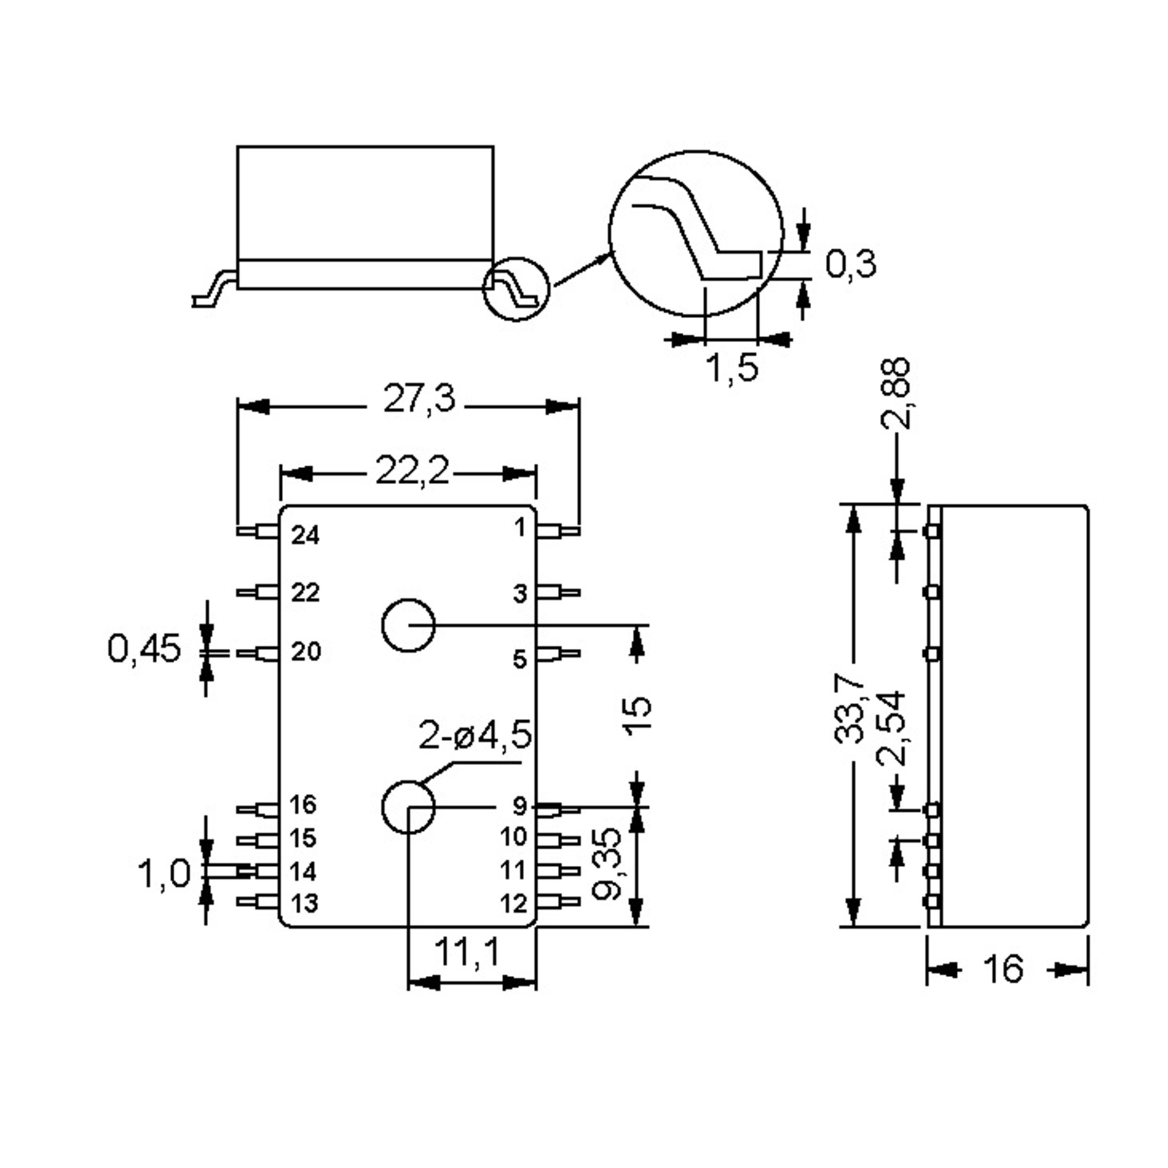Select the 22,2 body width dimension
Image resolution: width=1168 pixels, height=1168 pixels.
(412, 471)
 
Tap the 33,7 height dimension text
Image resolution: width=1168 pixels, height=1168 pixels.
(849, 711)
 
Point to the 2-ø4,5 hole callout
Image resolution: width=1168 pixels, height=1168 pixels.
(475, 736)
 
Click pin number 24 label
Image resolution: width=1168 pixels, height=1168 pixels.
(305, 535)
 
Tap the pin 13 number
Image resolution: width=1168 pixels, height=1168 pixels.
(304, 904)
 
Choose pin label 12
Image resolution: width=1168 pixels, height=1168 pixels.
(514, 904)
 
